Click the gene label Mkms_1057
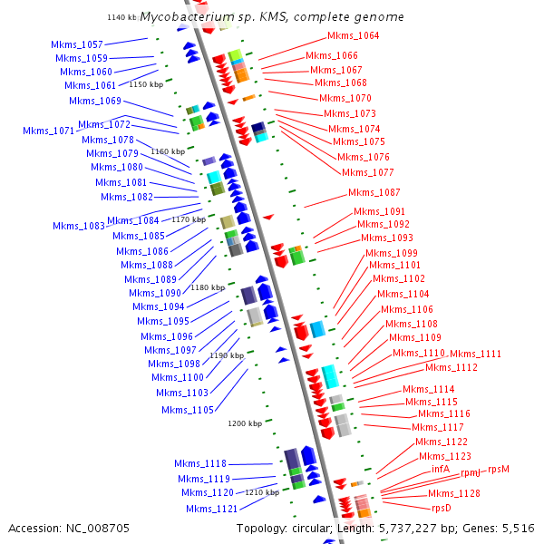pyautogui.click(x=77, y=44)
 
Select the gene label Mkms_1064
pyautogui.click(x=353, y=36)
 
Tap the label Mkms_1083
pyautogui.click(x=79, y=227)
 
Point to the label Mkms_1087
pyautogui.click(x=374, y=192)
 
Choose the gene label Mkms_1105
pyautogui.click(x=189, y=410)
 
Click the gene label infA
pyautogui.click(x=441, y=469)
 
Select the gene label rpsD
pyautogui.click(x=442, y=509)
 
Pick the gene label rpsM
pyautogui.click(x=499, y=469)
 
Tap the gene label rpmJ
pyautogui.click(x=471, y=472)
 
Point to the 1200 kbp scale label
pyautogui.click(x=245, y=423)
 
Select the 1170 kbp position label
pyautogui.click(x=189, y=219)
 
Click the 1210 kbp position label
pyautogui.click(x=262, y=492)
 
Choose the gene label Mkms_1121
pyautogui.click(x=212, y=509)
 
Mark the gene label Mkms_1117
pyautogui.click(x=438, y=427)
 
